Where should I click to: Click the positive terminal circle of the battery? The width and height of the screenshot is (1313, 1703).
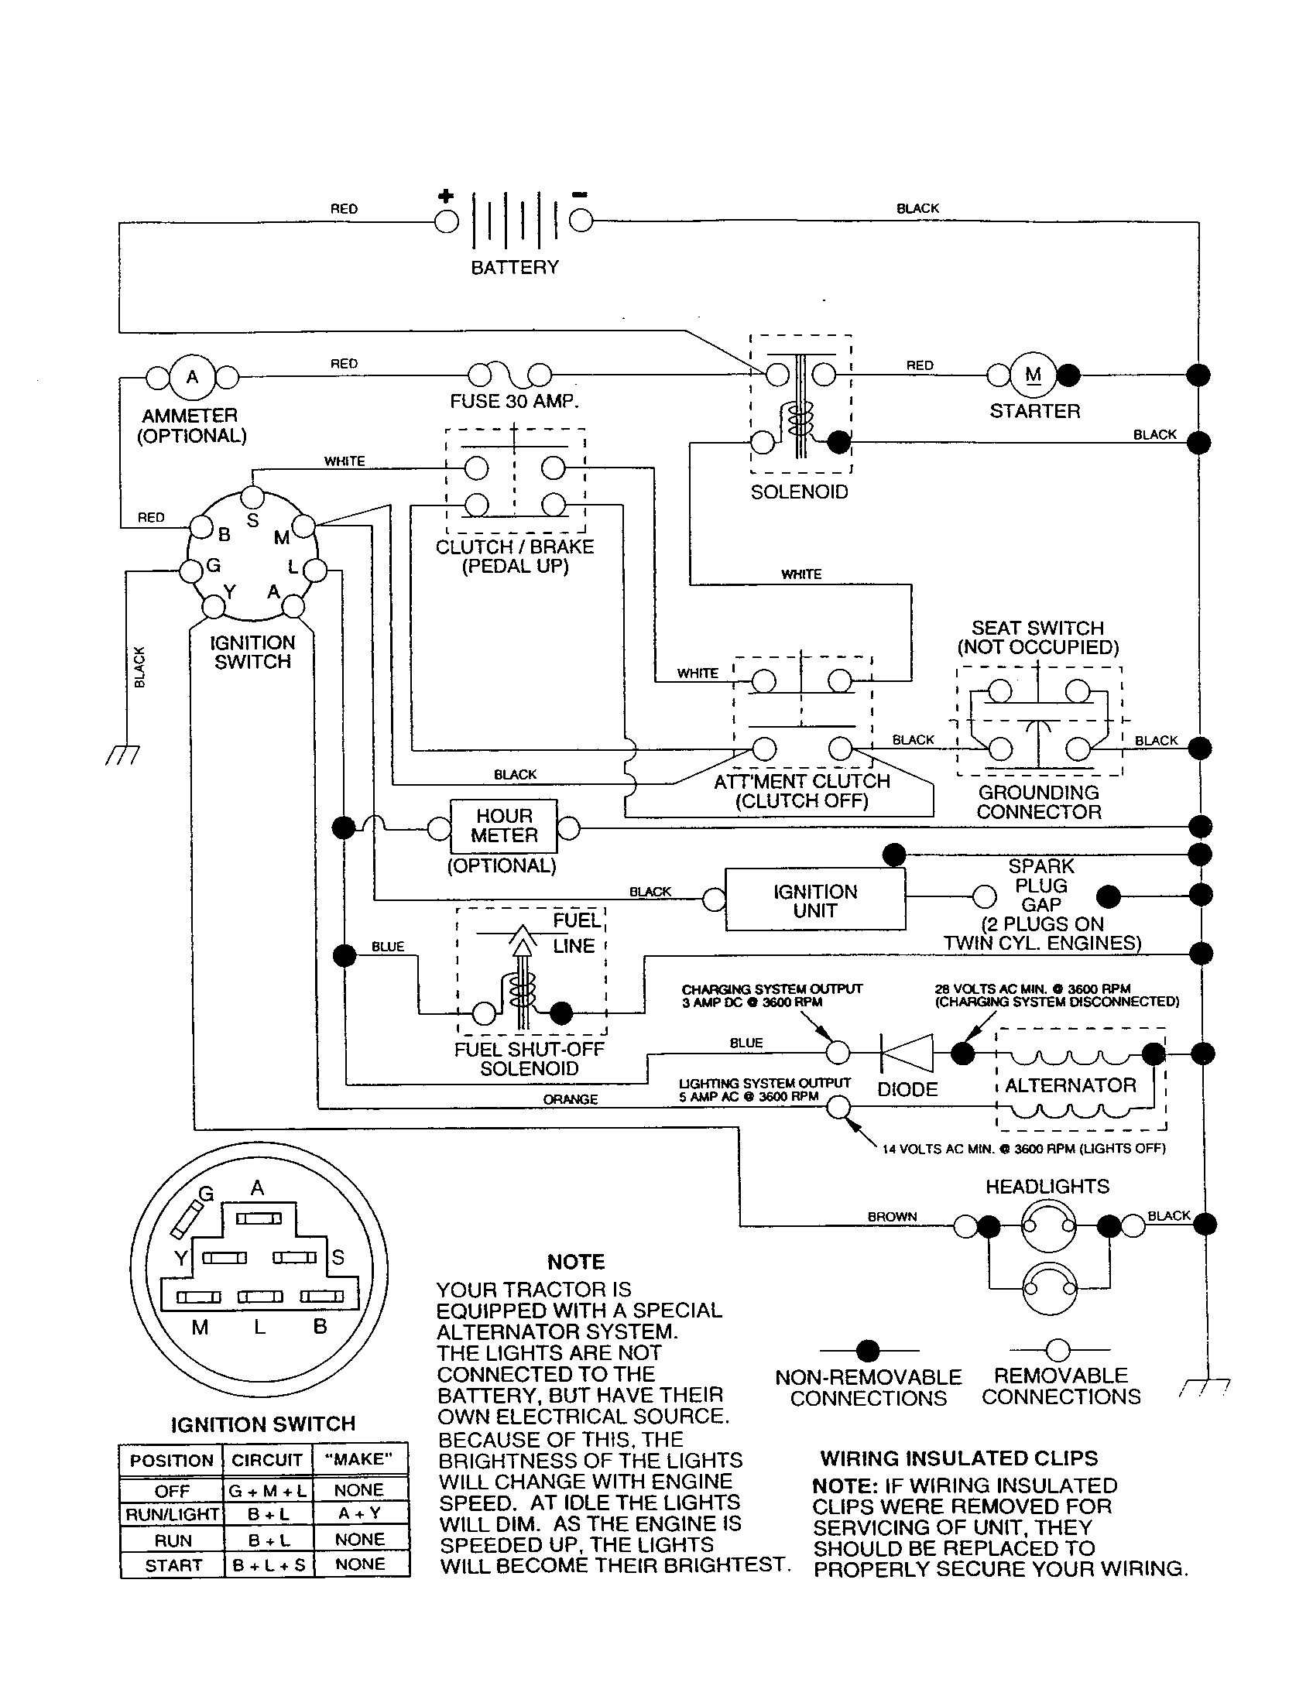pyautogui.click(x=447, y=221)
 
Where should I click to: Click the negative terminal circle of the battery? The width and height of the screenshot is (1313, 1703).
pyautogui.click(x=580, y=221)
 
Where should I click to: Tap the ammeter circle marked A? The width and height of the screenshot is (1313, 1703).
pyautogui.click(x=192, y=378)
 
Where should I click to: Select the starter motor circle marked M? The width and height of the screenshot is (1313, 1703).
pyautogui.click(x=1033, y=376)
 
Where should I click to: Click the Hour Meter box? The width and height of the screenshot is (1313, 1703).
pyautogui.click(x=504, y=827)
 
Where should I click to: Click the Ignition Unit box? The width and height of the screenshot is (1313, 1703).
pyautogui.click(x=814, y=900)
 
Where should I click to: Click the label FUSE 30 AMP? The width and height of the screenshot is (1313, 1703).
pyautogui.click(x=515, y=402)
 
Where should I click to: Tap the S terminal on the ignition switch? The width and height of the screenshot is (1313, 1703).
pyautogui.click(x=252, y=497)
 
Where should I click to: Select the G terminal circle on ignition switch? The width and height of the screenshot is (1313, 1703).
pyautogui.click(x=191, y=571)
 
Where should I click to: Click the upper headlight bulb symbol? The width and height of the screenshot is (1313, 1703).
pyautogui.click(x=1049, y=1226)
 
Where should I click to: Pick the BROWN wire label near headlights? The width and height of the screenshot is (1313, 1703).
pyautogui.click(x=892, y=1216)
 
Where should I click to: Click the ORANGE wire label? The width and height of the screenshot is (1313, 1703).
pyautogui.click(x=570, y=1099)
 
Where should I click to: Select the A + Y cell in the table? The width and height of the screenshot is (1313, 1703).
pyautogui.click(x=359, y=1513)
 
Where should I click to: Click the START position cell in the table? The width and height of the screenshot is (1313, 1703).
pyautogui.click(x=173, y=1565)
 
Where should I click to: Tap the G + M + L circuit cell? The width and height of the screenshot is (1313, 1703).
pyautogui.click(x=267, y=1490)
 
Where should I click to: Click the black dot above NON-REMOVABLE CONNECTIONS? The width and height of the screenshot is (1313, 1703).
pyautogui.click(x=868, y=1351)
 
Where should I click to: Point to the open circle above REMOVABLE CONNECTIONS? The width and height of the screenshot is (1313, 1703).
pyautogui.click(x=1058, y=1350)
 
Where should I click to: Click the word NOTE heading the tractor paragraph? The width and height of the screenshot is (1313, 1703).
pyautogui.click(x=575, y=1261)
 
